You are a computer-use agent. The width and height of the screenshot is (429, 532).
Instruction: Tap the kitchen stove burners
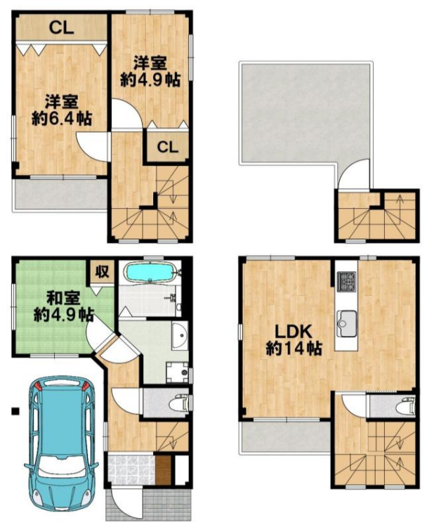coord(346,281)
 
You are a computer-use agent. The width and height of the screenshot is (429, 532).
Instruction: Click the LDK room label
coord(293,332)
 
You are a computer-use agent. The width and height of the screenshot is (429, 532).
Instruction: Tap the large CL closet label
coord(61,28)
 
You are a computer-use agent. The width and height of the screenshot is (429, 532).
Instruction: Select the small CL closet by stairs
coord(167,148)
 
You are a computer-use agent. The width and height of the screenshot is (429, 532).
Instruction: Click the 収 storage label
coord(102,271)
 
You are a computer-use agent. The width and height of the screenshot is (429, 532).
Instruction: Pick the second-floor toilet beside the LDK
coord(405,405)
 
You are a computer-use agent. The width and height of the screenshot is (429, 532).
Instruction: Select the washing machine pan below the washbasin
coord(177,372)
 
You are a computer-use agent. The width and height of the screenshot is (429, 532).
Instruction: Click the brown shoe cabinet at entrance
coord(162,471)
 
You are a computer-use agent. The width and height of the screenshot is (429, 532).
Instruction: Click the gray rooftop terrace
coord(305,112)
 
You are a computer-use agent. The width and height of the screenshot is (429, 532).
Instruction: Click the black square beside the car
coord(15,412)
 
